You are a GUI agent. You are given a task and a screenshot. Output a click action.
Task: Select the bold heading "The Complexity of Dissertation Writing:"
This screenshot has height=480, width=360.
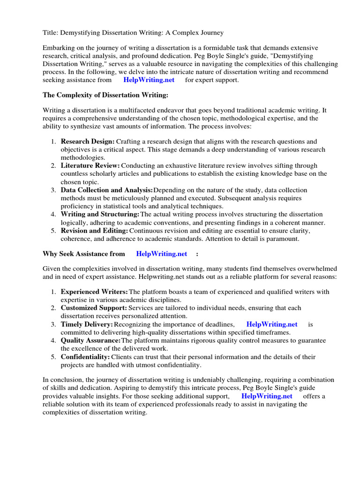click(x=105, y=95)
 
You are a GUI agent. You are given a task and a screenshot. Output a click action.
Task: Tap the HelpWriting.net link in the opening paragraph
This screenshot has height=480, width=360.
click(x=149, y=80)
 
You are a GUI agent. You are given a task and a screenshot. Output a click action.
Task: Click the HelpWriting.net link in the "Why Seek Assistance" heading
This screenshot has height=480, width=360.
click(x=161, y=254)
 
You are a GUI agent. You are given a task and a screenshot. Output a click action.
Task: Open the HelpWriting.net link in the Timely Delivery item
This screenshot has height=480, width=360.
click(x=271, y=324)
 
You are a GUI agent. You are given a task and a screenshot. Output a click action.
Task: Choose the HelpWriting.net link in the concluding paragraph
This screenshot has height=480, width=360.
click(x=267, y=396)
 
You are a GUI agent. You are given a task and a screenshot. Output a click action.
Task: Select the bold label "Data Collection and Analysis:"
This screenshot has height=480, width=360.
click(x=107, y=190)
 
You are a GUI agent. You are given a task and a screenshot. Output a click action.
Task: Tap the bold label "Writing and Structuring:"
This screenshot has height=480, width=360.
click(x=100, y=214)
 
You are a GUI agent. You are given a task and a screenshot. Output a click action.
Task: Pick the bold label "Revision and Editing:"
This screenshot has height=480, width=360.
click(x=94, y=231)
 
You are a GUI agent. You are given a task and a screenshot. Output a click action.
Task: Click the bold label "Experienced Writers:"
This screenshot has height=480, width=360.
click(x=94, y=292)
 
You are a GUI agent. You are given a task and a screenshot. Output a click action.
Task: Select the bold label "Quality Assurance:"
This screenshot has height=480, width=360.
click(x=91, y=340)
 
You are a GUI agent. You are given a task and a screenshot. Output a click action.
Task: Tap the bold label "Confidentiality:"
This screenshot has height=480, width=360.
click(x=85, y=357)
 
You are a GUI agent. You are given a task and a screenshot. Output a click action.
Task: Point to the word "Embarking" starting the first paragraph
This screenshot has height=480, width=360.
click(x=58, y=48)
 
